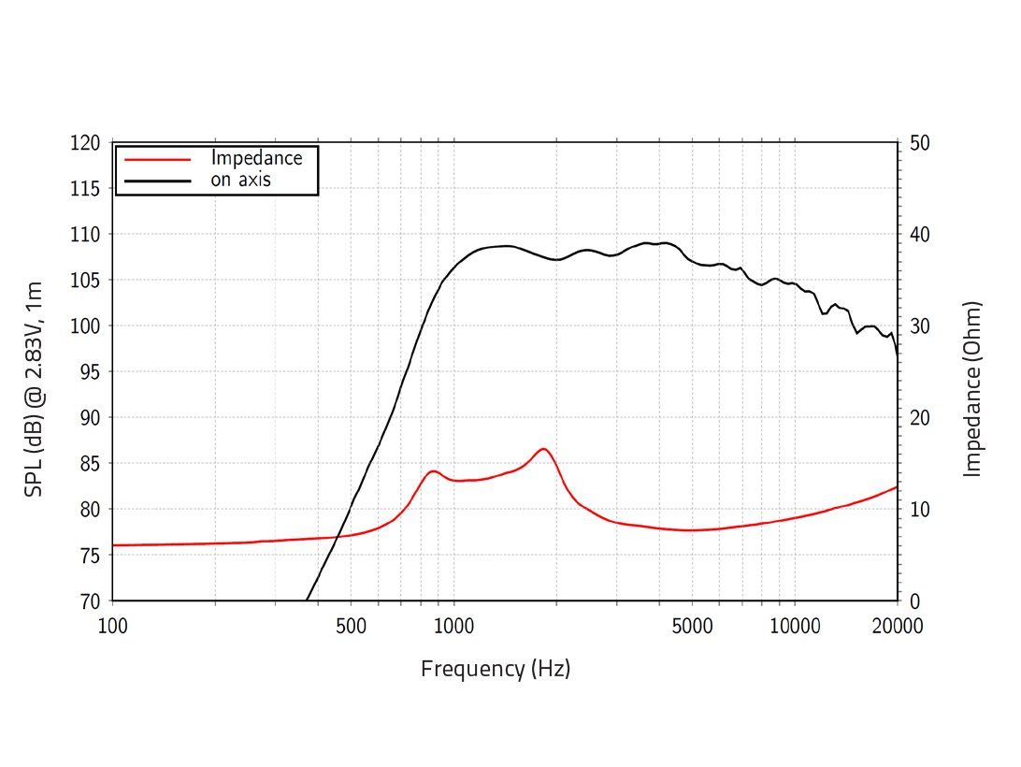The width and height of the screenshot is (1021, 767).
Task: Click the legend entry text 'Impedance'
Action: point(256,158)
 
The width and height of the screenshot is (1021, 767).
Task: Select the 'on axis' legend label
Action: point(240,180)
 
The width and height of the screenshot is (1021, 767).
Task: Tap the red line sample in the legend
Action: point(157,159)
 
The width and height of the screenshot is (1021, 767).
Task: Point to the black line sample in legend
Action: point(157,180)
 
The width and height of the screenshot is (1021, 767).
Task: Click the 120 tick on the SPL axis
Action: point(85,143)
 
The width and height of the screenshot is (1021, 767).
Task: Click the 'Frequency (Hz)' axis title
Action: point(496,669)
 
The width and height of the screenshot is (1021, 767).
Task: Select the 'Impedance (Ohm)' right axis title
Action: point(973,388)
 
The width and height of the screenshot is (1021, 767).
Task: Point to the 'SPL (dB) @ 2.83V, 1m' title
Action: point(34,388)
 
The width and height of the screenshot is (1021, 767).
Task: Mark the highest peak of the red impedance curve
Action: point(542,449)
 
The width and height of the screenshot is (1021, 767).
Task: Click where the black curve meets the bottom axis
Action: point(307,600)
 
